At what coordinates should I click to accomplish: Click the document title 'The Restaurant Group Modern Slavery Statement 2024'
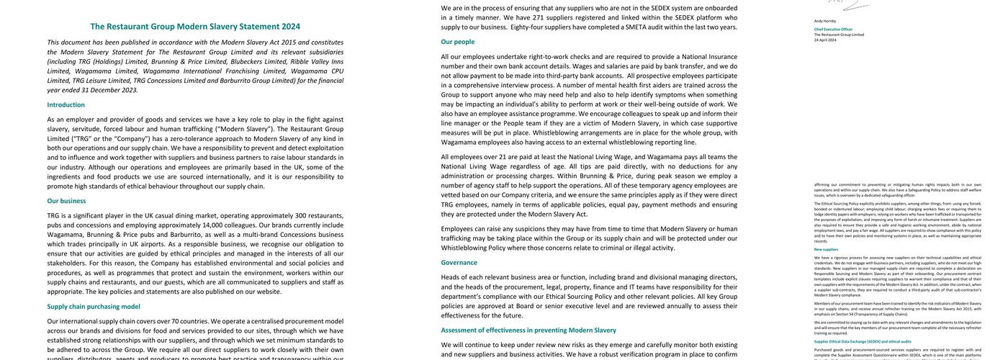195,27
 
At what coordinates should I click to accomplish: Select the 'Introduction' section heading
66,104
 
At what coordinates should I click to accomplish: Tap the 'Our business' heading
66,201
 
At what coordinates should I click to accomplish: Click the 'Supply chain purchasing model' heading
94,306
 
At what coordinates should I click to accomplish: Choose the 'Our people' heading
458,42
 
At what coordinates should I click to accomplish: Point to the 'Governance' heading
459,263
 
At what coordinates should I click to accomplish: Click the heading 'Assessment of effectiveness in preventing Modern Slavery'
528,330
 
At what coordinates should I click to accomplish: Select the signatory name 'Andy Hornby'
825,22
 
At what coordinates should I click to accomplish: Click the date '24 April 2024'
825,40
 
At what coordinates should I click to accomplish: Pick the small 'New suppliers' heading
826,249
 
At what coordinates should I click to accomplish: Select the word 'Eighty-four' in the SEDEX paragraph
529,27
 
